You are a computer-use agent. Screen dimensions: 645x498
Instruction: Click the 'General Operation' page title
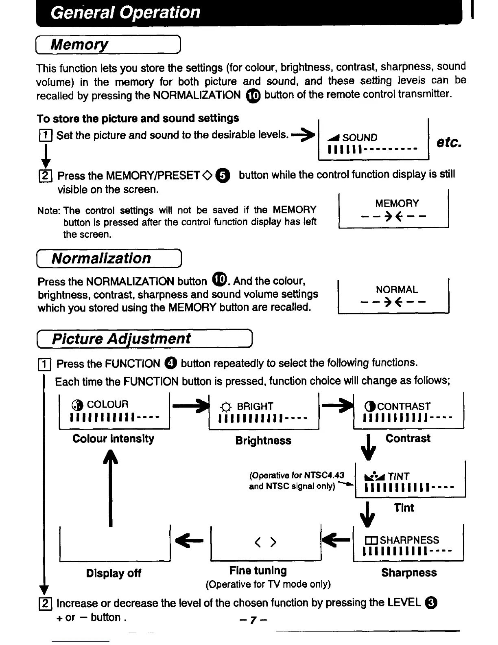[125, 13]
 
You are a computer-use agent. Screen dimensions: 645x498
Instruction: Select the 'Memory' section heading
[79, 44]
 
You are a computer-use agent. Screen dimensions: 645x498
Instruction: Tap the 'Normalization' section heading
[101, 259]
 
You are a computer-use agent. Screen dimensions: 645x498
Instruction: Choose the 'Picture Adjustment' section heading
[121, 339]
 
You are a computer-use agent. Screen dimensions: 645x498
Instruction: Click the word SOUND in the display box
[360, 138]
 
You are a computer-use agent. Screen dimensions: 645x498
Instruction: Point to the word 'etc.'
[449, 143]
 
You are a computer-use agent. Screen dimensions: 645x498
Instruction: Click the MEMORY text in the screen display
[397, 204]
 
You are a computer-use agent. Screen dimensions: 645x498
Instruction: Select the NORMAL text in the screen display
[397, 290]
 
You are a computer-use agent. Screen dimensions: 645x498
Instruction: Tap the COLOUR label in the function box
[107, 405]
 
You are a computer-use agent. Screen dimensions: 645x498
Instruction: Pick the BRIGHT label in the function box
[255, 406]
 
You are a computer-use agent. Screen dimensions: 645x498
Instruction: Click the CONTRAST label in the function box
[404, 406]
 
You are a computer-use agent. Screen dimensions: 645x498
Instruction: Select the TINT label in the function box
[398, 476]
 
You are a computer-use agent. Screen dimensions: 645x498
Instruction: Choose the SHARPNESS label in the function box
[409, 540]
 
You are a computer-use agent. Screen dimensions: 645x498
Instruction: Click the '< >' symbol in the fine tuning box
[265, 542]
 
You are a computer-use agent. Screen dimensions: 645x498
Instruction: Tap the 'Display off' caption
[114, 573]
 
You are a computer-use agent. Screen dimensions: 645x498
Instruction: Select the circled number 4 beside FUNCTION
[171, 363]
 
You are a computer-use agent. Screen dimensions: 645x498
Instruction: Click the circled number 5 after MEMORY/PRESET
[223, 176]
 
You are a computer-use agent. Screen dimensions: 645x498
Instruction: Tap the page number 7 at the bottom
[253, 620]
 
